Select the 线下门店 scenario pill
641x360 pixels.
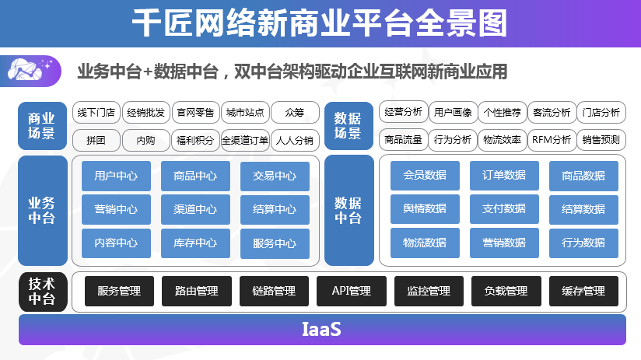click(96, 113)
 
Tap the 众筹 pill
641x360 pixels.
click(295, 113)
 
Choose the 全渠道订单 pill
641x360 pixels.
click(245, 140)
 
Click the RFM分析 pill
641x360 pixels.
click(552, 140)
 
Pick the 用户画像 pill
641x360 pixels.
click(453, 113)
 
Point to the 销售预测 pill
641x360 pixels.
click(601, 140)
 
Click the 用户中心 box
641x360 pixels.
click(116, 177)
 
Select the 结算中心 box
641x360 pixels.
click(275, 210)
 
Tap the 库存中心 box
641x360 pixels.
click(195, 243)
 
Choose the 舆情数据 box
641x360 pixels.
click(425, 209)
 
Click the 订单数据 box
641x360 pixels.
click(504, 175)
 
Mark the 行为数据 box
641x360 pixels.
click(583, 243)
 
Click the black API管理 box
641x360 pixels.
click(352, 291)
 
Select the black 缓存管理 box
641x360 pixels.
click(583, 291)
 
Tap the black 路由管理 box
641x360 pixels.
click(197, 291)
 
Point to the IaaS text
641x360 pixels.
click(321, 330)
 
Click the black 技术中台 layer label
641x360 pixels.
click(43, 292)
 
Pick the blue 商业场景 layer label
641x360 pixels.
click(42, 126)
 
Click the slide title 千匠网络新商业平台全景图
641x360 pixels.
click(320, 23)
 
